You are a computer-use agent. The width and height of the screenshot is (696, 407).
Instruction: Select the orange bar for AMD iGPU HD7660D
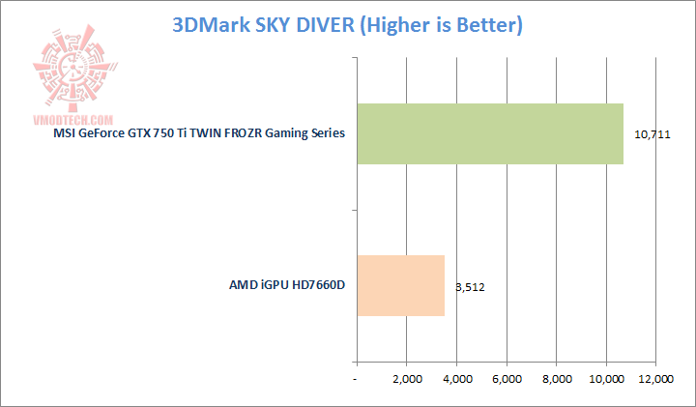(x=400, y=285)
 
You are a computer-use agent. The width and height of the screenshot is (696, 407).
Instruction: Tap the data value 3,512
(x=470, y=286)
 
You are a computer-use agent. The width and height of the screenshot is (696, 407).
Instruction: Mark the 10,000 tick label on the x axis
(x=606, y=380)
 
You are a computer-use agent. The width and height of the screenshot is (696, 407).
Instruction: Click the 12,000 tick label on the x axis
(x=656, y=380)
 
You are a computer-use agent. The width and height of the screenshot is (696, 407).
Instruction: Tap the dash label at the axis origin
(x=356, y=380)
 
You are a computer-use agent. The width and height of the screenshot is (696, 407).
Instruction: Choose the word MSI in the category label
(x=65, y=132)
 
